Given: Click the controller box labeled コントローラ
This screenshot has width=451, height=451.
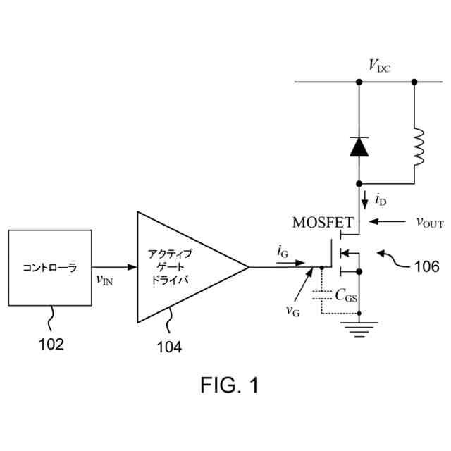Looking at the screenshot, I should pos(49,267).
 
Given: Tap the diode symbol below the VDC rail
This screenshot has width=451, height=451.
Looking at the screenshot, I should pos(359,146).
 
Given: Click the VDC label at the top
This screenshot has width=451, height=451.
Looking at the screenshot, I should pos(379,66).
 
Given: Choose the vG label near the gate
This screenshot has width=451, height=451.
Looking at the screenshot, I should pos(292,309).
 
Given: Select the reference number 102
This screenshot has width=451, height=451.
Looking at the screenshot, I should pos(51,345).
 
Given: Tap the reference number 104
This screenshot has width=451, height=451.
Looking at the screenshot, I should pos(168,347).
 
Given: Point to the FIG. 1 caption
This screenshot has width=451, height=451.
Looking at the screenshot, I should pos(230,385).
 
